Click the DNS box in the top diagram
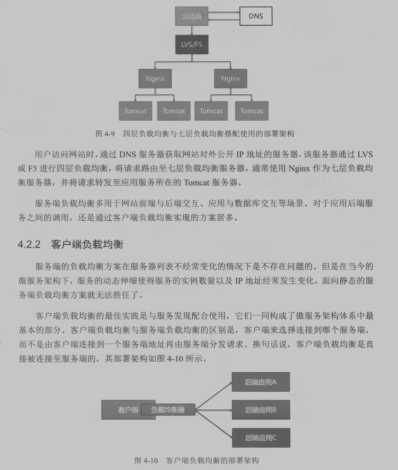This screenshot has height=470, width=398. click(x=256, y=16)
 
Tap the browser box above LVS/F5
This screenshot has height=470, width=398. click(x=192, y=16)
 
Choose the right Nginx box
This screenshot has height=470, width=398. click(x=230, y=78)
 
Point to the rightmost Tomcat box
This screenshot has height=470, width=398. click(x=252, y=111)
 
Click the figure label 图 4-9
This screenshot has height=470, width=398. click(x=105, y=134)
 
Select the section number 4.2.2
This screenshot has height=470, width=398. click(x=30, y=244)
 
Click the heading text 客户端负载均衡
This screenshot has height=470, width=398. click(x=87, y=244)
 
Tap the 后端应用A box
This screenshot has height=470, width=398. click(x=261, y=382)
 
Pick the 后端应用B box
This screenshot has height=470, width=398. click(x=261, y=409)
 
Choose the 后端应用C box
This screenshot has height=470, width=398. click(x=261, y=437)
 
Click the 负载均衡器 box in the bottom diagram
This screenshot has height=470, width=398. click(x=168, y=409)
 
